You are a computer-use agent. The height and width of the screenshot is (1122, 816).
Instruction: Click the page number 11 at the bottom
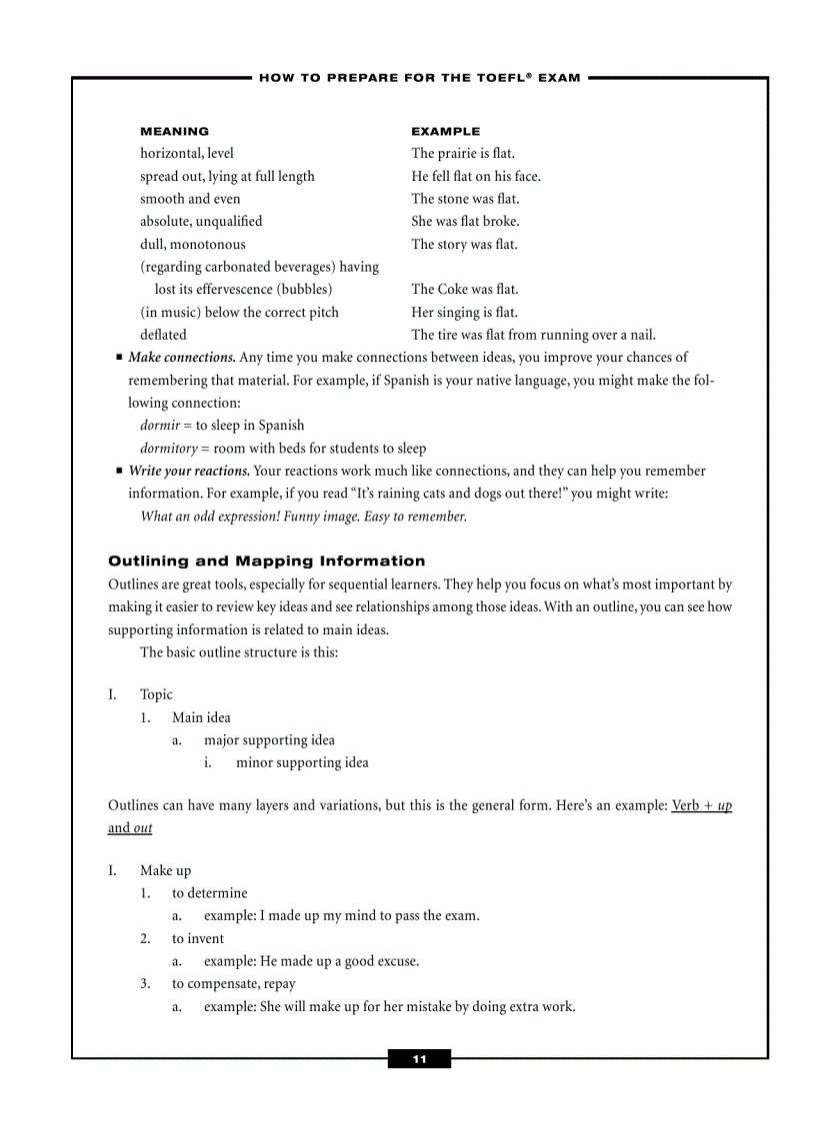tap(419, 1059)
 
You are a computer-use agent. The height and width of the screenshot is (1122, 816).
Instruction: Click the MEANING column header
tap(175, 131)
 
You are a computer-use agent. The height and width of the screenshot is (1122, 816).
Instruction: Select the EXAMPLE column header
tap(446, 131)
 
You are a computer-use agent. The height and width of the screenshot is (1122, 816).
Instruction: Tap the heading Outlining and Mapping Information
tap(266, 561)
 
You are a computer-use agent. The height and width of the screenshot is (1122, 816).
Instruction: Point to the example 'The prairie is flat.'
tap(463, 154)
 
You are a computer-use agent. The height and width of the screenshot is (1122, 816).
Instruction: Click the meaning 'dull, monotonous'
tap(192, 244)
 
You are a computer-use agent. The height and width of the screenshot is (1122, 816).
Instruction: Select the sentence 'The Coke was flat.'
tap(465, 290)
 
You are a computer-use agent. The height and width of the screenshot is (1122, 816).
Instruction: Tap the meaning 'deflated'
tap(163, 335)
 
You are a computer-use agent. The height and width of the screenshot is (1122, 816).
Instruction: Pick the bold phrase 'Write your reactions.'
tap(189, 471)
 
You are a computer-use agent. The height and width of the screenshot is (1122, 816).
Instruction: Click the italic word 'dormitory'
tap(169, 449)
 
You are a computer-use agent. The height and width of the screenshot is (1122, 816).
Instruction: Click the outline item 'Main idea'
tap(201, 717)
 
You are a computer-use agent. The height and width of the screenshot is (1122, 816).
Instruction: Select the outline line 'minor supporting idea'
tap(302, 762)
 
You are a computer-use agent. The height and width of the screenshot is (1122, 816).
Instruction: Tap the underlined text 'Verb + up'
tap(701, 805)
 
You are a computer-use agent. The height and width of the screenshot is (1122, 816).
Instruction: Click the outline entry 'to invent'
tap(198, 938)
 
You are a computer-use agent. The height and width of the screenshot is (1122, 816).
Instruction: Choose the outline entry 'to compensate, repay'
tap(233, 983)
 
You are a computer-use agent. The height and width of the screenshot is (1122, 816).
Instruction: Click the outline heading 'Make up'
tap(165, 870)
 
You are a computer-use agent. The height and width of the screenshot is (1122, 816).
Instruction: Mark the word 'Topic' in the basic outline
tap(156, 694)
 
